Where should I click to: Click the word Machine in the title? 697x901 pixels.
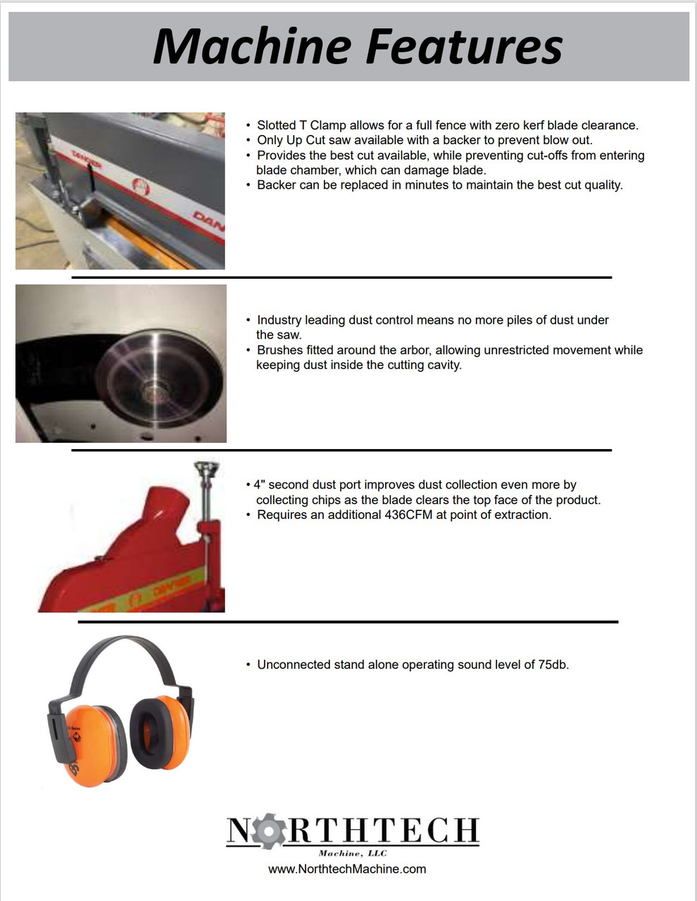(253, 46)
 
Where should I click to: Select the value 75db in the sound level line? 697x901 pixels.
(553, 664)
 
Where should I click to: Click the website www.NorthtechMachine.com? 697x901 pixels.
(347, 869)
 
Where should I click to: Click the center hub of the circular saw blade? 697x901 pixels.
(151, 386)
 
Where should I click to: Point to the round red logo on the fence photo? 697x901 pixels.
(142, 187)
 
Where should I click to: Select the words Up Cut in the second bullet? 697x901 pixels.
(306, 140)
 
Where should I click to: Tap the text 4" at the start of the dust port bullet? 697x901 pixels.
(259, 484)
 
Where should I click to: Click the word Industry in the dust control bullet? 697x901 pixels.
(280, 320)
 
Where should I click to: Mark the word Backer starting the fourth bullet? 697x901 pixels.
(276, 185)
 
